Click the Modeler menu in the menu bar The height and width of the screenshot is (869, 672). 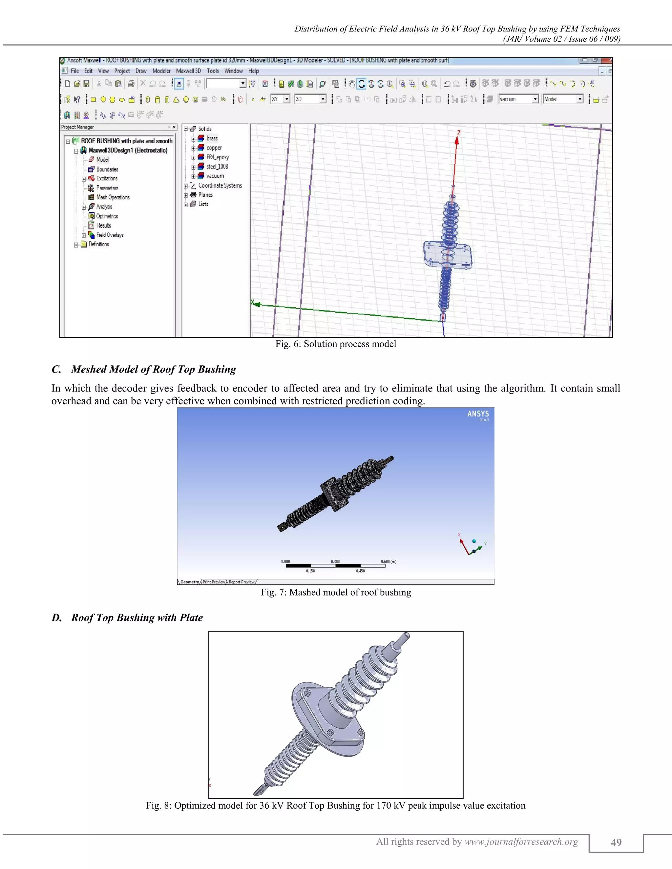tap(161, 71)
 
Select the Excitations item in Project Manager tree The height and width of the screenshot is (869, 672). tap(107, 179)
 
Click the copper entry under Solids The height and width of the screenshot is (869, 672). tap(214, 148)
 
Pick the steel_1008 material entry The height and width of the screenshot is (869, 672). tap(217, 167)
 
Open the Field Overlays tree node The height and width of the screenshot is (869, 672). tap(110, 235)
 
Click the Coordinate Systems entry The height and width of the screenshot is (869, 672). tap(220, 185)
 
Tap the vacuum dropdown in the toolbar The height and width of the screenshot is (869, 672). tap(518, 99)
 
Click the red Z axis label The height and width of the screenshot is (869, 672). tap(459, 133)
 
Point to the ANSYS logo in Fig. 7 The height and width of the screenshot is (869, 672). tap(478, 414)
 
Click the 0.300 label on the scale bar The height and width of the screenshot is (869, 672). tap(335, 561)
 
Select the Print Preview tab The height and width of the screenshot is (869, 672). tap(214, 582)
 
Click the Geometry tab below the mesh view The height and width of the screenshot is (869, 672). tap(190, 582)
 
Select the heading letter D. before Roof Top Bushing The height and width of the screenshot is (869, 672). tap(56, 617)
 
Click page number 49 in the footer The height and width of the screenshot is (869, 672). tap(616, 842)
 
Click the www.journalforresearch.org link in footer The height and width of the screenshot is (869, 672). tap(521, 841)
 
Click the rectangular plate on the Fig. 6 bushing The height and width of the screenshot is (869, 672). tap(448, 255)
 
